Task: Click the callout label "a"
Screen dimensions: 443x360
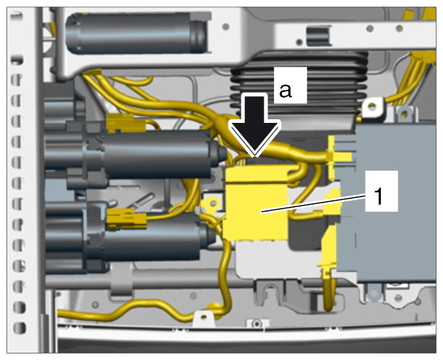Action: (x=285, y=91)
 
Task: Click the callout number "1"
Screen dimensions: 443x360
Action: (x=378, y=196)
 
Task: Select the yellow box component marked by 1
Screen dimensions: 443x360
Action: (x=256, y=203)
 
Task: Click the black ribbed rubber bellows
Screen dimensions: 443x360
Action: (x=299, y=85)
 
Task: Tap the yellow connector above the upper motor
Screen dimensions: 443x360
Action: (x=125, y=123)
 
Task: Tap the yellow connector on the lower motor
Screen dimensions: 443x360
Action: (x=126, y=219)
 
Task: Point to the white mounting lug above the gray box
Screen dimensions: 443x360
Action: (x=373, y=108)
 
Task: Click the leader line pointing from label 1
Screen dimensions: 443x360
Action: (x=313, y=204)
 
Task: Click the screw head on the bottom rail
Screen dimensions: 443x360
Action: (x=257, y=323)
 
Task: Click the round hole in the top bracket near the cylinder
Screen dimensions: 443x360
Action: (x=225, y=27)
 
